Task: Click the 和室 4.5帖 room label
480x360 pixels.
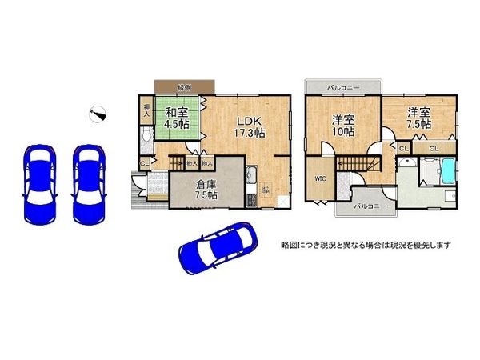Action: [x=176, y=118]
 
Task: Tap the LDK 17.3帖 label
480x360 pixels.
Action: [x=249, y=126]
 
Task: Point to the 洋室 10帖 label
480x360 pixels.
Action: [x=343, y=126]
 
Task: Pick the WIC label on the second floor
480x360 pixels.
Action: [x=318, y=178]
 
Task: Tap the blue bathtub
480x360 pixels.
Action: [x=446, y=170]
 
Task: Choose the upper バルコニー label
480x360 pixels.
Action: [x=343, y=86]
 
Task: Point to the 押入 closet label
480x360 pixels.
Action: [x=147, y=110]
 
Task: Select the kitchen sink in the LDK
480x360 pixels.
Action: [x=251, y=178]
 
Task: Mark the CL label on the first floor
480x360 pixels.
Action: [x=145, y=165]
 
